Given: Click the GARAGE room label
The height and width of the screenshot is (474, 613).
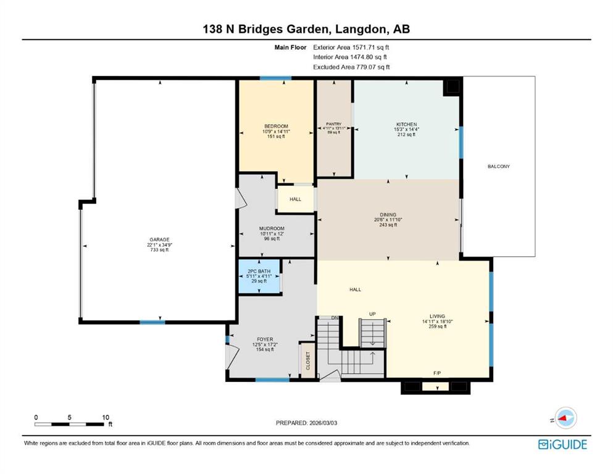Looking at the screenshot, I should [x=159, y=240].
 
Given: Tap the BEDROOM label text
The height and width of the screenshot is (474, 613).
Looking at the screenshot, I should [x=275, y=126].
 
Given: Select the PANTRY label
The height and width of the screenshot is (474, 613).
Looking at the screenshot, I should [x=333, y=124].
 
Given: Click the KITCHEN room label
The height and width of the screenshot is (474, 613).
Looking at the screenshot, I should [x=406, y=125].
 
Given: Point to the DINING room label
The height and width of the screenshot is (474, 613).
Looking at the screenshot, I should [x=388, y=215].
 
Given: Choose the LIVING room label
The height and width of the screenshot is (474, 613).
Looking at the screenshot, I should [x=438, y=317].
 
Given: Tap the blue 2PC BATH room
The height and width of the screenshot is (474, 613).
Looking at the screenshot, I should [x=259, y=276].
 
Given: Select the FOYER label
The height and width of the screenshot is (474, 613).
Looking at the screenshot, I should [x=265, y=339].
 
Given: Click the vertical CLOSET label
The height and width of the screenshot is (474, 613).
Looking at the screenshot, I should [x=307, y=360].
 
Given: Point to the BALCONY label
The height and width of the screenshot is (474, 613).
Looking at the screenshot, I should [x=498, y=167].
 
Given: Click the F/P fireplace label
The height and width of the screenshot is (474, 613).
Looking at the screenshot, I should [x=437, y=373].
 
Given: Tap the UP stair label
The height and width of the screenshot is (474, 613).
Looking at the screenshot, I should [x=372, y=314].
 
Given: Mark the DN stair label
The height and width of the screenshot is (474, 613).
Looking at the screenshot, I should [x=335, y=318].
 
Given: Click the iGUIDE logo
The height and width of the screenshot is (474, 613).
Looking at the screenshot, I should [x=562, y=444].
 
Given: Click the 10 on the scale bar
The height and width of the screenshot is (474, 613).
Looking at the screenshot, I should [x=106, y=417].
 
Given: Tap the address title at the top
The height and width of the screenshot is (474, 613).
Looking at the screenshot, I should [x=306, y=29].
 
